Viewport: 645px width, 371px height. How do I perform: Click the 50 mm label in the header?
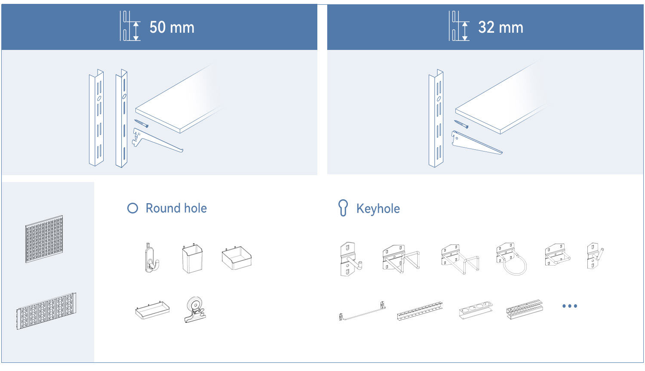tap(172, 28)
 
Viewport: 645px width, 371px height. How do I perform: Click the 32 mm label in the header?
tap(501, 28)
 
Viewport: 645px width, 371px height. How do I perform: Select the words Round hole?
tap(176, 208)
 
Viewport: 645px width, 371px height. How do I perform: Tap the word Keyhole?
tap(378, 209)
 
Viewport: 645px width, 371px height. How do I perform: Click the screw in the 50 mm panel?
tap(141, 124)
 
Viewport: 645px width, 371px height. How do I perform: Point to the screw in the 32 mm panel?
tap(461, 124)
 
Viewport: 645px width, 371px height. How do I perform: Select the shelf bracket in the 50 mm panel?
tap(157, 141)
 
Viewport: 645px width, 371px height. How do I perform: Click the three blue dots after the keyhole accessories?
tap(570, 306)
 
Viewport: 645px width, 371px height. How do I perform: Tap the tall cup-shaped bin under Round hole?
tap(192, 258)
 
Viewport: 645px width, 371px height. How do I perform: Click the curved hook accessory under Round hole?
tap(151, 257)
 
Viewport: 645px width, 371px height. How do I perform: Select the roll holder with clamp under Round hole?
tap(195, 310)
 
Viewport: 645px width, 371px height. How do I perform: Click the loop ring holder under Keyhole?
tap(511, 259)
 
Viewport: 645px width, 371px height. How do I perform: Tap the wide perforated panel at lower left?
tap(46, 311)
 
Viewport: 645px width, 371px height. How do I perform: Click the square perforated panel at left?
tap(44, 239)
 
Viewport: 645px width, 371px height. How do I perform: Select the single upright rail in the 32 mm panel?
tap(436, 118)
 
